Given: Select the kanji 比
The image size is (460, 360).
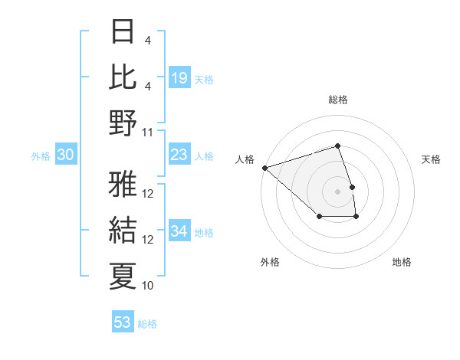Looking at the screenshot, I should pyautogui.click(x=123, y=77).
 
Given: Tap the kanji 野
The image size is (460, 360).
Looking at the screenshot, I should pyautogui.click(x=123, y=123).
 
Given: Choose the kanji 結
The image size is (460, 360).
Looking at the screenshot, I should pyautogui.click(x=123, y=231).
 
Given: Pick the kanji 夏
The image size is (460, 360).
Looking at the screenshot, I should pyautogui.click(x=123, y=276).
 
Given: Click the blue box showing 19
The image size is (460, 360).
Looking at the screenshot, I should pyautogui.click(x=179, y=78).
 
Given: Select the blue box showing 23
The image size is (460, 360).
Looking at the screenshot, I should pyautogui.click(x=179, y=155).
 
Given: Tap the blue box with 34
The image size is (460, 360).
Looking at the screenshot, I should pyautogui.click(x=179, y=231).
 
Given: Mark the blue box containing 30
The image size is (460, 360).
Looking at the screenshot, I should pyautogui.click(x=66, y=155).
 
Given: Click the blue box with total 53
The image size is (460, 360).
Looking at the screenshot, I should pyautogui.click(x=123, y=322).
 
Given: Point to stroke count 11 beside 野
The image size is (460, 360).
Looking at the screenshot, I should pyautogui.click(x=149, y=132).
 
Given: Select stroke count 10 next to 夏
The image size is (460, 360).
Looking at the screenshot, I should pyautogui.click(x=149, y=286).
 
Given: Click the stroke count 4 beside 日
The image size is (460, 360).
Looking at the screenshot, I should pyautogui.click(x=147, y=40).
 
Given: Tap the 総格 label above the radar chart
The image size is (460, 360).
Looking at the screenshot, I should pyautogui.click(x=338, y=100).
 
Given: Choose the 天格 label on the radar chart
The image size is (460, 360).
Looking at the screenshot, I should pyautogui.click(x=431, y=159).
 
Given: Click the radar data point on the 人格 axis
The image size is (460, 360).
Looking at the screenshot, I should pyautogui.click(x=264, y=167).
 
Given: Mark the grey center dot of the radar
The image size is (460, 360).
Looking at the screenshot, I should pyautogui.click(x=338, y=190).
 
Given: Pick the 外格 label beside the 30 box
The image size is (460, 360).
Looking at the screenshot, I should pyautogui.click(x=41, y=156).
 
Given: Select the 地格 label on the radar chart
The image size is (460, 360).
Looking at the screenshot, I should pyautogui.click(x=402, y=262).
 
